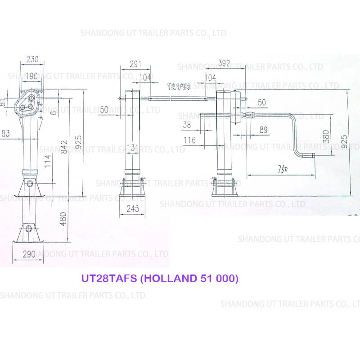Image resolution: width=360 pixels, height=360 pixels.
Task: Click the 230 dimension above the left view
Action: pyautogui.click(x=32, y=59)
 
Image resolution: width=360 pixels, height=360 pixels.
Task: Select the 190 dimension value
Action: pyautogui.click(x=31, y=76)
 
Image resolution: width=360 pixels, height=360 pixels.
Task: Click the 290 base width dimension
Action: pyautogui.click(x=29, y=254)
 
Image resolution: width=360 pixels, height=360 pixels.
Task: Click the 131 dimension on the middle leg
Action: pyautogui.click(x=132, y=147)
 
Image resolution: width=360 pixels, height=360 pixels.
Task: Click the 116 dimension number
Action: pyautogui.click(x=189, y=140)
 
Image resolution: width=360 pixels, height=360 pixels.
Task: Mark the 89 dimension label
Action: pyautogui.click(x=263, y=130)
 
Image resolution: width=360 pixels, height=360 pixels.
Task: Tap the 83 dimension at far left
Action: pyautogui.click(x=6, y=133)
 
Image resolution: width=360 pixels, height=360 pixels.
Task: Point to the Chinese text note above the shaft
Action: pyautogui.click(x=179, y=86)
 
